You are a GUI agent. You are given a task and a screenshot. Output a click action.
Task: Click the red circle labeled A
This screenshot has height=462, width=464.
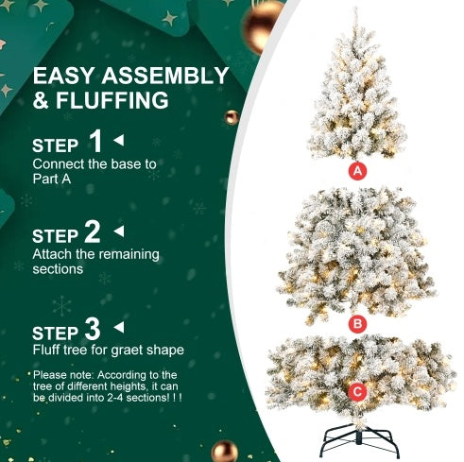357,171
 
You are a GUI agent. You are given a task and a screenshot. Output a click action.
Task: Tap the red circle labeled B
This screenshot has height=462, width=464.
357,324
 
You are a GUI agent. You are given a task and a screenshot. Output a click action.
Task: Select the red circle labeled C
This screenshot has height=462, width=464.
357,391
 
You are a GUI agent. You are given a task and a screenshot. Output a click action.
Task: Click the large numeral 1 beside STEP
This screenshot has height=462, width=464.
95,141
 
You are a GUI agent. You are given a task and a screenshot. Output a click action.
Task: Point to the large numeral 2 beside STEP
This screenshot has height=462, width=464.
93,231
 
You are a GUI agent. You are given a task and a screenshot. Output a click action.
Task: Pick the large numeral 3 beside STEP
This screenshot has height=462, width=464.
93,329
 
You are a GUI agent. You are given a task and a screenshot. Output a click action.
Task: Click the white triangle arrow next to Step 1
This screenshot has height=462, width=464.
119,140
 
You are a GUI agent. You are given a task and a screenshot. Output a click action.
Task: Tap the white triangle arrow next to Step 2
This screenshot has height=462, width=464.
119,231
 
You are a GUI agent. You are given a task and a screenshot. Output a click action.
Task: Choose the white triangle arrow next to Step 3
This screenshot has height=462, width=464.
119,327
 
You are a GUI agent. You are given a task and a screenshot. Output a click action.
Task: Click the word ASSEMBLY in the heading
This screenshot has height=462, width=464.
164,76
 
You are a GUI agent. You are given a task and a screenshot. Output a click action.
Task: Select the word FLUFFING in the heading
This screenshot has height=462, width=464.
112,100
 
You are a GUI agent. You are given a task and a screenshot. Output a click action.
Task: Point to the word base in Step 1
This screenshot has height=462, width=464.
126,164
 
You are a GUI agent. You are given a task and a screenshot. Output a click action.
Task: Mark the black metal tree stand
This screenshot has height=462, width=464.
359,439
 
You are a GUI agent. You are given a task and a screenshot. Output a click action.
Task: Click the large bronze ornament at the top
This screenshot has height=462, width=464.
263,26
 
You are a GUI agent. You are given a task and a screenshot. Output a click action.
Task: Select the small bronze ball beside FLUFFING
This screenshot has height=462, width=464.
232,117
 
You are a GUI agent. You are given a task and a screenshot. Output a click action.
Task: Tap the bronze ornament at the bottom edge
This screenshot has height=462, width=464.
224,452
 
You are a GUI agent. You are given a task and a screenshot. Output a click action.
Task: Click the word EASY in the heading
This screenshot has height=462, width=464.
63,76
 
